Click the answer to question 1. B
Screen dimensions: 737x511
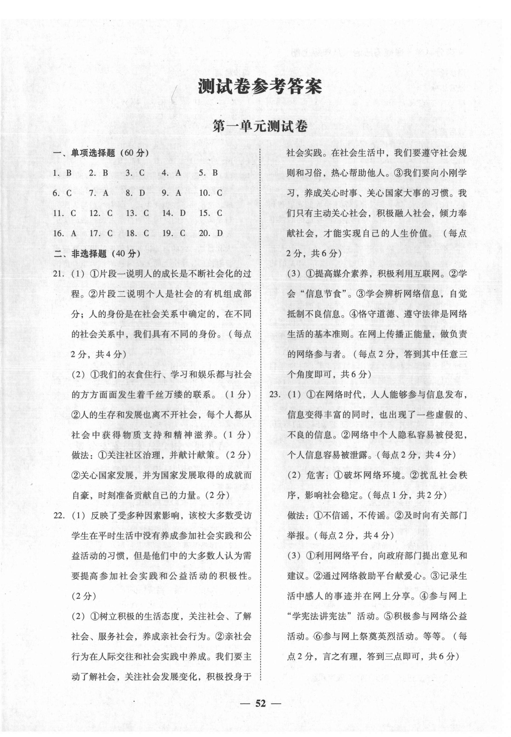pos(62,173)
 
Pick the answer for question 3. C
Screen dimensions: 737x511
pos(135,173)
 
